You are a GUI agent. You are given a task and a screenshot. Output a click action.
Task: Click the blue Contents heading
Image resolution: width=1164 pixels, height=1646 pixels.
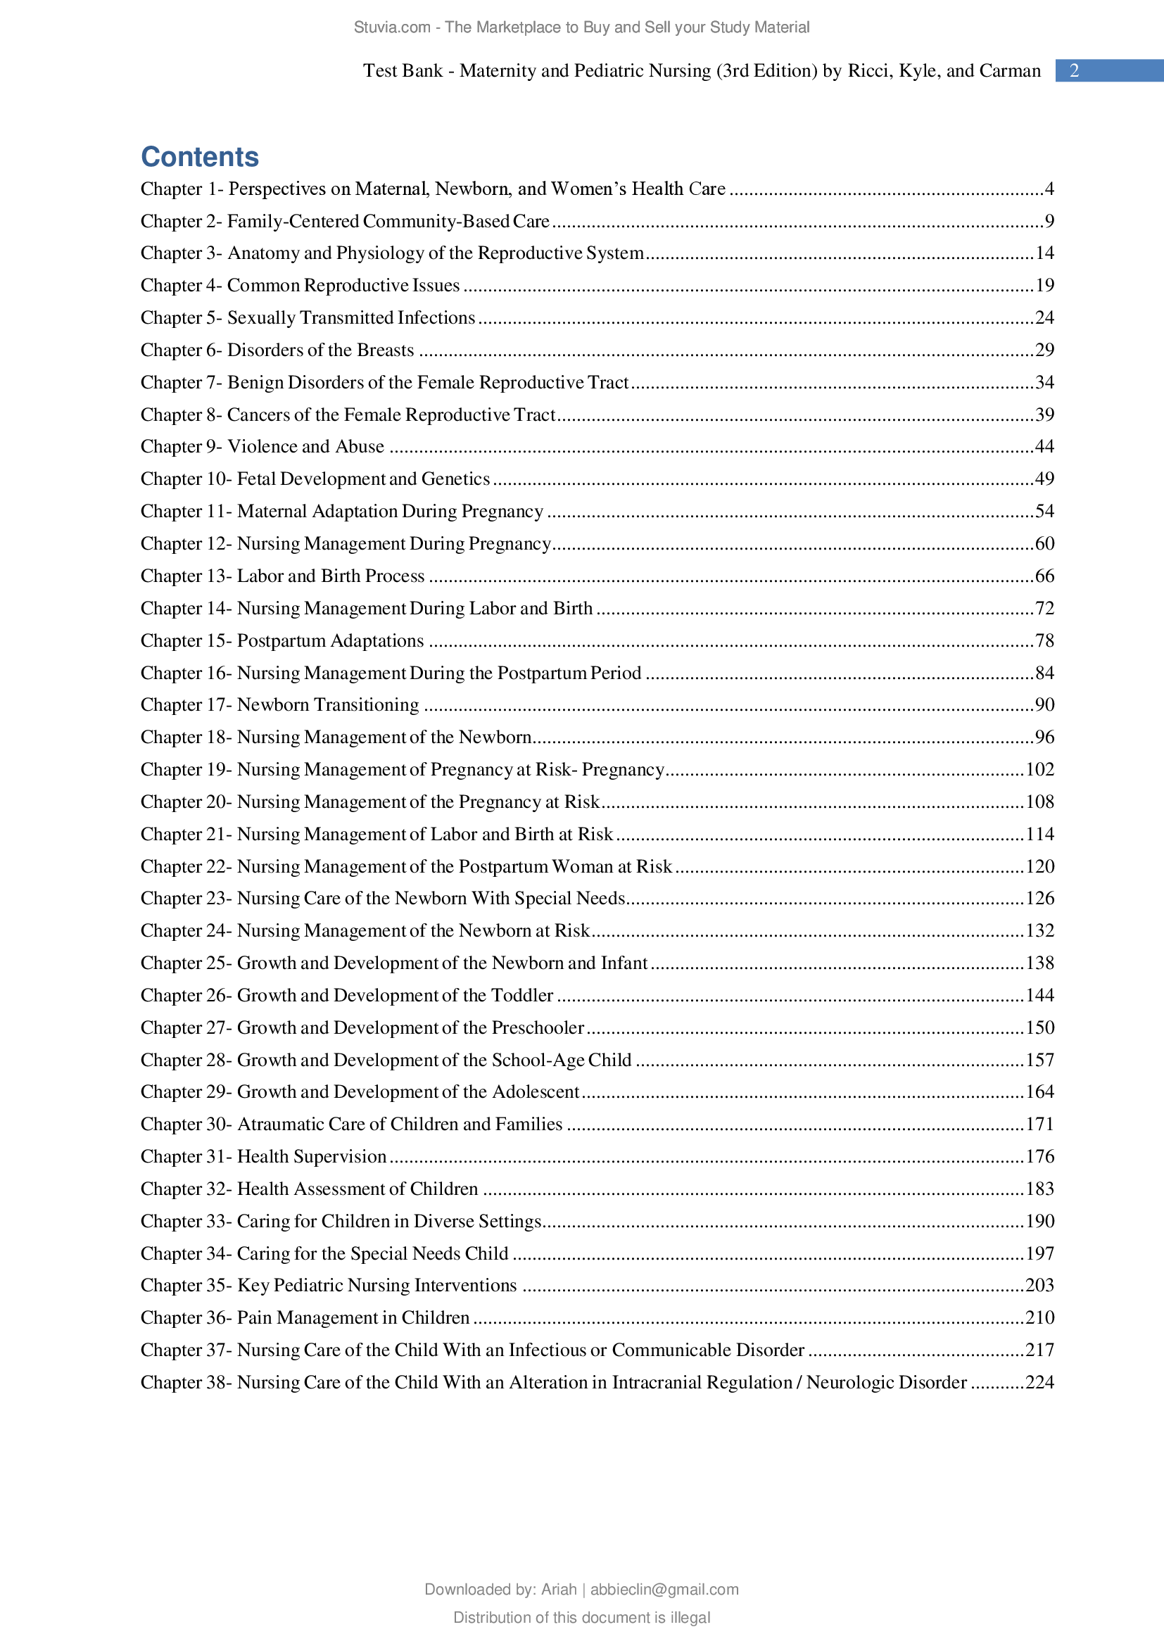pyautogui.click(x=199, y=157)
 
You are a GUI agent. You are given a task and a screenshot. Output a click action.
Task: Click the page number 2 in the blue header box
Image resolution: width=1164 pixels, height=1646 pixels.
pyautogui.click(x=1074, y=70)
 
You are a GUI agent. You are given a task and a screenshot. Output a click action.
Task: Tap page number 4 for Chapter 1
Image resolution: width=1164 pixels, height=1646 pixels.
pyautogui.click(x=1049, y=189)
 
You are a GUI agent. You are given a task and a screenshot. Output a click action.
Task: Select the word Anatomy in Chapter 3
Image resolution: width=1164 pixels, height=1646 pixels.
pyautogui.click(x=262, y=253)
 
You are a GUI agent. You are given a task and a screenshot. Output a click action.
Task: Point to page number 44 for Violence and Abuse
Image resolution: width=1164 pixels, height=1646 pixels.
pyautogui.click(x=1044, y=447)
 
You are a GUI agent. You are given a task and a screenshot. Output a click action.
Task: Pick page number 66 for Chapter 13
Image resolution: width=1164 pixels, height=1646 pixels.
pyautogui.click(x=1044, y=576)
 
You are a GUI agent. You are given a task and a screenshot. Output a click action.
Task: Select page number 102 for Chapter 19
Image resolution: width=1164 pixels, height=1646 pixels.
pyautogui.click(x=1039, y=769)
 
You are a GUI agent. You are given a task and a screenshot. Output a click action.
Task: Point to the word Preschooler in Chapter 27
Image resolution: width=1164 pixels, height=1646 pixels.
pyautogui.click(x=538, y=1027)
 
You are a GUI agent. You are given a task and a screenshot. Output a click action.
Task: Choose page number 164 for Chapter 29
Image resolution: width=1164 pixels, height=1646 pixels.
pyautogui.click(x=1039, y=1092)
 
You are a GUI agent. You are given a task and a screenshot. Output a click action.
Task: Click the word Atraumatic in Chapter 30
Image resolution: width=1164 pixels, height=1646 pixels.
pyautogui.click(x=280, y=1124)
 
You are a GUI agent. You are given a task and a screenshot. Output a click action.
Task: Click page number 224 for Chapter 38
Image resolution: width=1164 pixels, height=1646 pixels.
pyautogui.click(x=1039, y=1382)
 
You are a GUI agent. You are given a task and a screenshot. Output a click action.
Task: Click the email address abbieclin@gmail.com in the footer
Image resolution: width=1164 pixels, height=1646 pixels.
pyautogui.click(x=664, y=1590)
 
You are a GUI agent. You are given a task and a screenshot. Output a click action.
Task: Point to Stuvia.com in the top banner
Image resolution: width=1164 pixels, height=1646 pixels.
pyautogui.click(x=391, y=27)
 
